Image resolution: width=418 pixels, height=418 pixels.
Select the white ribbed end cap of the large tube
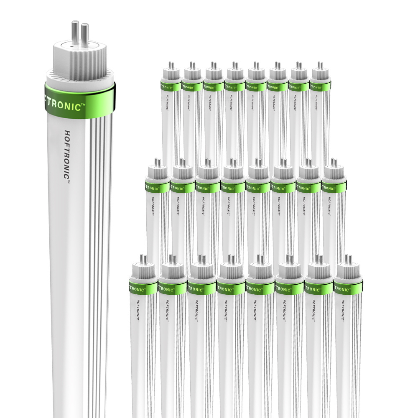pyautogui.click(x=79, y=63)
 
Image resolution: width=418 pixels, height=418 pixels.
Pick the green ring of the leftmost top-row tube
pyautogui.click(x=171, y=87)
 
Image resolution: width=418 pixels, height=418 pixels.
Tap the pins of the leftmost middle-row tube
pyautogui.click(x=158, y=162)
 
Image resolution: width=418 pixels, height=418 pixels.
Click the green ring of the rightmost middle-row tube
pyautogui.click(x=334, y=187)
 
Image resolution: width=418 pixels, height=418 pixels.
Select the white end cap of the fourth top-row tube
pyautogui.click(x=234, y=75)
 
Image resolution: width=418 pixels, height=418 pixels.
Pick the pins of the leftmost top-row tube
pyautogui.click(x=171, y=66)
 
